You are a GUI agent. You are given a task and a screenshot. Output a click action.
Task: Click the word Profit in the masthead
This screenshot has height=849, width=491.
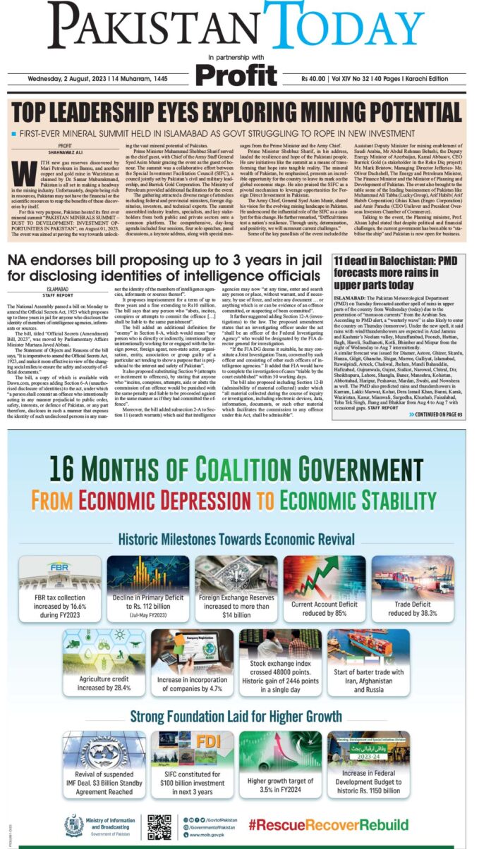click(236, 73)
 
